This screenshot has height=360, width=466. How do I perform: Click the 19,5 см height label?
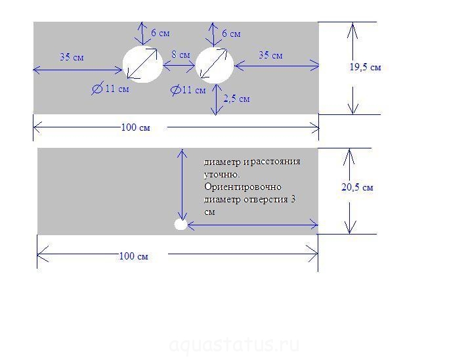(365, 67)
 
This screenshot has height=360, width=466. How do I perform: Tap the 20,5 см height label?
(357, 187)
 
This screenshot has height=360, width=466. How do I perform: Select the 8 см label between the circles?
(180, 55)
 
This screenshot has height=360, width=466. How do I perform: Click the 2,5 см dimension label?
(236, 99)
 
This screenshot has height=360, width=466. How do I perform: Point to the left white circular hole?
(142, 64)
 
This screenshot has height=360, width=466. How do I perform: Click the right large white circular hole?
(215, 65)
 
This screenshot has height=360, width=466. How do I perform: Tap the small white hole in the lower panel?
(180, 225)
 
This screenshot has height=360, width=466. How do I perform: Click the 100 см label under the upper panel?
(135, 127)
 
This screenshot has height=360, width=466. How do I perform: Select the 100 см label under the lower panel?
(133, 256)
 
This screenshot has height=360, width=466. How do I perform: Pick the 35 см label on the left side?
(72, 57)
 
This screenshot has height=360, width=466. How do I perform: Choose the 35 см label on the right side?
(270, 55)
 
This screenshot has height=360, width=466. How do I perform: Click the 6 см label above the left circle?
(160, 33)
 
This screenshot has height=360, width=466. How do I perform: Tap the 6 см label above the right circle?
(231, 34)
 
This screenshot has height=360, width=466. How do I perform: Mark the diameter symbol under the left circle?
(98, 89)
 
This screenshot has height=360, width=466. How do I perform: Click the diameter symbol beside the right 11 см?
(176, 90)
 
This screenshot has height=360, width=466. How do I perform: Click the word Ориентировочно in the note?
(243, 187)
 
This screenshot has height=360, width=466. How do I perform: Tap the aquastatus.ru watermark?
(234, 344)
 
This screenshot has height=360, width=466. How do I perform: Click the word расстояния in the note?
(276, 162)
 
